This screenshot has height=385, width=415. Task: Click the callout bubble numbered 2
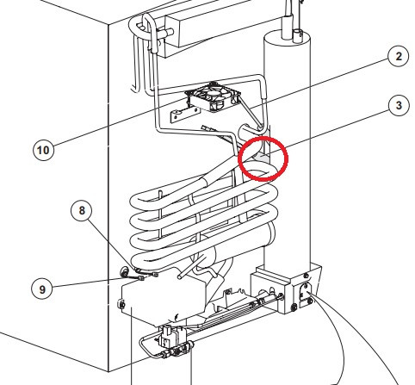(x=399, y=56)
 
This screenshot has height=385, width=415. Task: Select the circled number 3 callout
(x=399, y=105)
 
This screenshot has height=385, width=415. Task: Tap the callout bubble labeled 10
(x=43, y=150)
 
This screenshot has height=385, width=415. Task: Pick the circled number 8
(x=82, y=210)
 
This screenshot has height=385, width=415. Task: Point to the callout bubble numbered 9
(x=42, y=289)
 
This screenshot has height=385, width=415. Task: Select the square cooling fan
(x=213, y=96)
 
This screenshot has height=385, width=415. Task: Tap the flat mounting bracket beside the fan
(x=185, y=114)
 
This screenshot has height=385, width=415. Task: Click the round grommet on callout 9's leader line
(x=125, y=271)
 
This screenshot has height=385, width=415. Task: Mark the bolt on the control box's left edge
(x=121, y=304)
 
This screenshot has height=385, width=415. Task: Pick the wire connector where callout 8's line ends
(x=155, y=275)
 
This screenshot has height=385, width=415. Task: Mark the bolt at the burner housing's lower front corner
(x=294, y=307)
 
